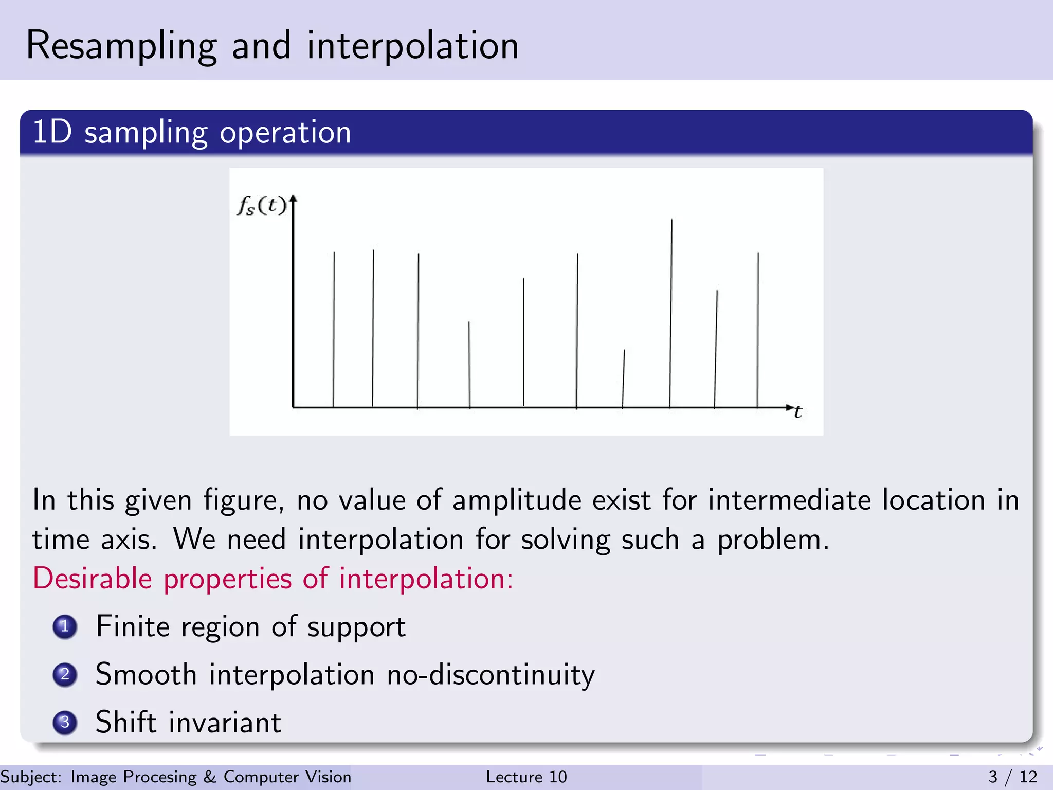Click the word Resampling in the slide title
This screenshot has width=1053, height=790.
tap(121, 46)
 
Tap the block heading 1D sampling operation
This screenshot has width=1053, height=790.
tap(191, 133)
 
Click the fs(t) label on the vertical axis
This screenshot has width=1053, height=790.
tap(261, 206)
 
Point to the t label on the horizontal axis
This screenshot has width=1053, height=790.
tap(797, 412)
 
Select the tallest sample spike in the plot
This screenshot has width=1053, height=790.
tap(670, 314)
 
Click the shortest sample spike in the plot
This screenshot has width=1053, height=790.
tap(624, 379)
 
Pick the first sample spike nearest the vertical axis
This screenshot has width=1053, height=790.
tap(334, 329)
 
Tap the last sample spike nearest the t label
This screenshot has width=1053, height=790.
tap(757, 329)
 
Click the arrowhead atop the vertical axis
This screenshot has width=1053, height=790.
tap(293, 199)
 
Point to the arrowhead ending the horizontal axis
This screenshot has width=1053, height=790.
tap(790, 407)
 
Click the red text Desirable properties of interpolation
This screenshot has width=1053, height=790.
tap(273, 579)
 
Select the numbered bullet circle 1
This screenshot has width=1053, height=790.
tap(65, 626)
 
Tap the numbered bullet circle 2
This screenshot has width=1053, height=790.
tap(65, 674)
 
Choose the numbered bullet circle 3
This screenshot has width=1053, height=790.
tap(65, 722)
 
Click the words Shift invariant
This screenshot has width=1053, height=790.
tap(188, 722)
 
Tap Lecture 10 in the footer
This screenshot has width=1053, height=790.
tap(526, 777)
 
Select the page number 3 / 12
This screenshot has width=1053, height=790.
tap(1012, 777)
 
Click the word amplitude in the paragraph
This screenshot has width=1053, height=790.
tap(516, 500)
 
